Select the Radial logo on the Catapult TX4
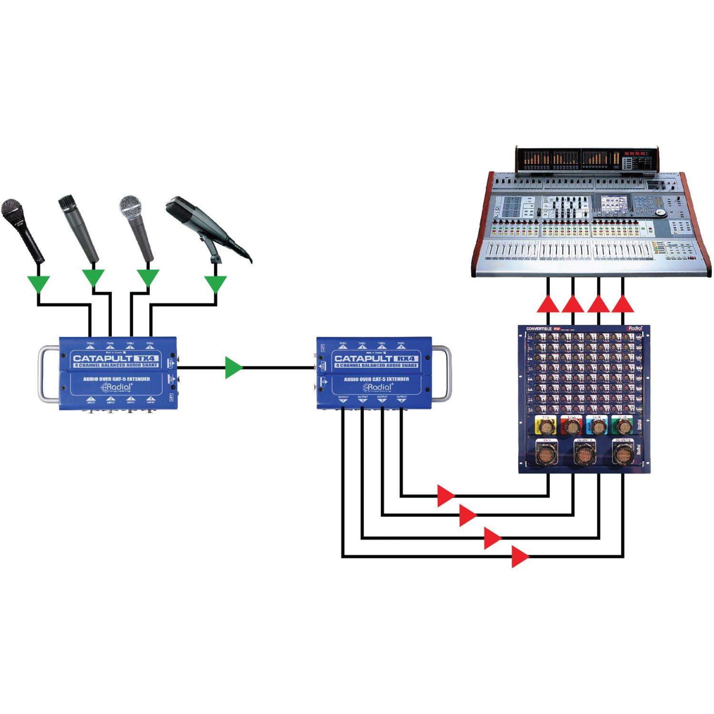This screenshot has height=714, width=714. (x=118, y=387)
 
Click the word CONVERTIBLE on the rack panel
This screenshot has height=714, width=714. (x=539, y=328)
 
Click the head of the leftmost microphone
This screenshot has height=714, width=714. (x=12, y=210)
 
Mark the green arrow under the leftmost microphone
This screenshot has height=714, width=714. (x=38, y=284)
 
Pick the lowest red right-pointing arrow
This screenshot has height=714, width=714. (x=519, y=556)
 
